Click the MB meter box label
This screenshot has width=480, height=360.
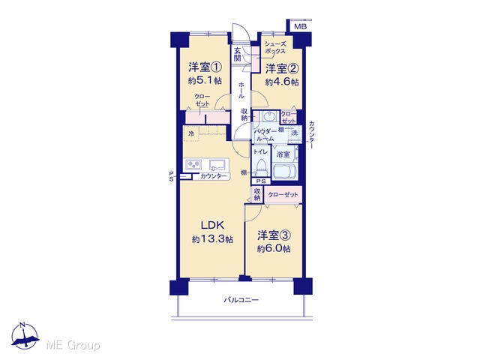click(300, 27)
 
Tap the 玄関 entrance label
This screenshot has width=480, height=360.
click(238, 55)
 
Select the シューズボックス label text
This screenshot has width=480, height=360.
click(275, 47)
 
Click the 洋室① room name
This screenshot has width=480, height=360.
click(205, 67)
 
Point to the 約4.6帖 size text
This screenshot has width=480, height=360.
click(282, 82)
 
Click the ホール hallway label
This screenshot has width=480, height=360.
click(241, 90)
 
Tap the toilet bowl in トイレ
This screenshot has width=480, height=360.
click(261, 167)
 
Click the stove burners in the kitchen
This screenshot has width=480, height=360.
click(193, 165)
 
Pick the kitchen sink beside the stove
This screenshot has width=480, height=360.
click(217, 165)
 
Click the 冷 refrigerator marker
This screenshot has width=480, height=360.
click(191, 133)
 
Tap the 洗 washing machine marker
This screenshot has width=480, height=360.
click(295, 133)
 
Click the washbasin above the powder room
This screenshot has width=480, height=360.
click(269, 117)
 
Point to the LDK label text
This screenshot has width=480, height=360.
click(212, 225)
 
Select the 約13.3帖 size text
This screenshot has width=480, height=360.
click(212, 239)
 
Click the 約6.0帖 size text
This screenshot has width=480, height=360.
click(274, 248)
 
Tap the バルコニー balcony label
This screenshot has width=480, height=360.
click(241, 300)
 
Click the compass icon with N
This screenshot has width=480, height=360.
click(25, 336)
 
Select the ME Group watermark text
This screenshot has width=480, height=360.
click(73, 345)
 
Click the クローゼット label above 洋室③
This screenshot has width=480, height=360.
click(283, 195)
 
